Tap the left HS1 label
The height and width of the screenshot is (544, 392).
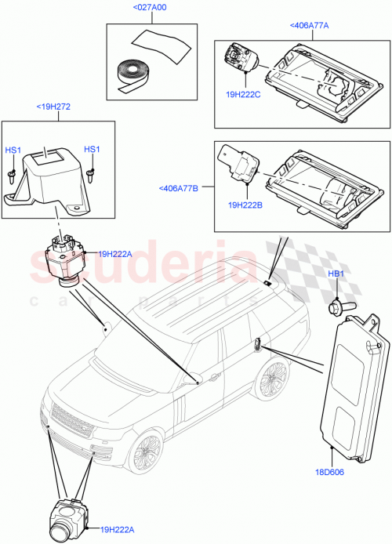[x=14, y=149]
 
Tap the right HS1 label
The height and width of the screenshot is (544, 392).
[x=92, y=149]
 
